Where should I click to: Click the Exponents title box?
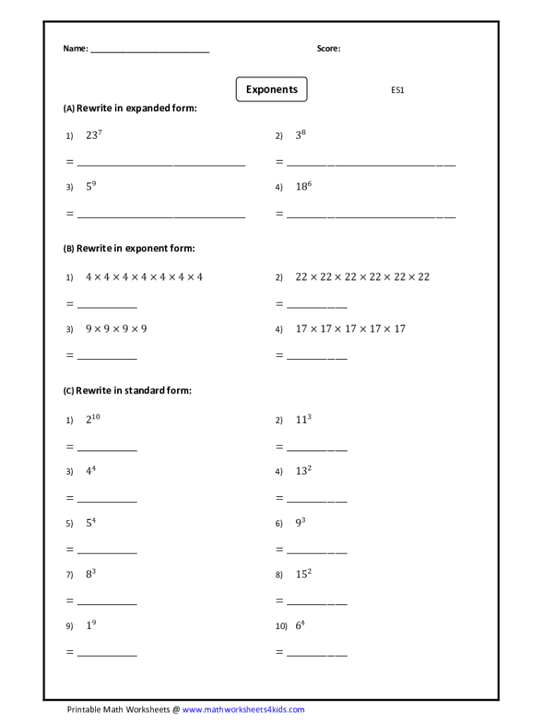[x=271, y=90]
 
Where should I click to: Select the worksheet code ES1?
[x=398, y=90]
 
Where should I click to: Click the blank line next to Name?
[x=150, y=50]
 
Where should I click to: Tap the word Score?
[x=329, y=49]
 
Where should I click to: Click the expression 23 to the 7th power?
[x=95, y=135]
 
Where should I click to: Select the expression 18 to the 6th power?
[x=304, y=186]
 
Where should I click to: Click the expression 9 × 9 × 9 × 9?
[x=116, y=329]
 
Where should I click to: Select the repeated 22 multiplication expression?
[x=362, y=277]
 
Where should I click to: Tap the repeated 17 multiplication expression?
[x=350, y=329]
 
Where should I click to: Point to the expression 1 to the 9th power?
[x=91, y=625]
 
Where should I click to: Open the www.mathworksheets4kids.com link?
[x=243, y=709]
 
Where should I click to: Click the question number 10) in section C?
[x=281, y=626]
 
